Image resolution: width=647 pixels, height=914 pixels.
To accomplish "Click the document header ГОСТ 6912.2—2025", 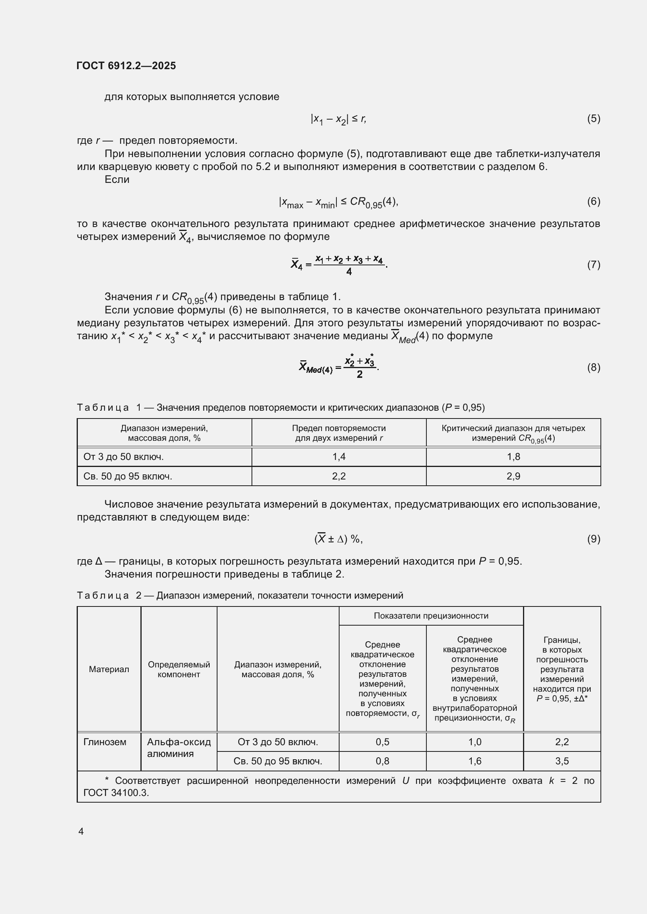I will tap(126, 66).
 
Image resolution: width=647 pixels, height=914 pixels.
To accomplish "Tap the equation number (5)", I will tap(593, 118).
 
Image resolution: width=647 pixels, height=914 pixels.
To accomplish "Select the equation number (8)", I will tap(593, 367).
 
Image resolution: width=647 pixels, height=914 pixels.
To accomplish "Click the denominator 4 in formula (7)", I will tap(349, 272).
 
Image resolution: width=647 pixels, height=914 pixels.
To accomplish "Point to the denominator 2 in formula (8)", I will tap(359, 374).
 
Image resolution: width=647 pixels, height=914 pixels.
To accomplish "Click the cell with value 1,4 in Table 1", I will tap(339, 456).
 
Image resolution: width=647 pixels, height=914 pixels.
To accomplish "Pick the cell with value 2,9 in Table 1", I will tap(513, 476).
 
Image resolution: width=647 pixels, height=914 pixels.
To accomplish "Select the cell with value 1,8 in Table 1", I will tap(513, 456).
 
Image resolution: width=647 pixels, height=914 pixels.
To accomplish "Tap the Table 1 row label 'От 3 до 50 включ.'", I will tap(124, 456).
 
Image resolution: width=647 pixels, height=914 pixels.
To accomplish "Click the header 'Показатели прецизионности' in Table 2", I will tap(431, 616).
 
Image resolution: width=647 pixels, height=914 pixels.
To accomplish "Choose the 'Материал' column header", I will tap(109, 669).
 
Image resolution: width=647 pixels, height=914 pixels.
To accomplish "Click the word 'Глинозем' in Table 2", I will tap(105, 742).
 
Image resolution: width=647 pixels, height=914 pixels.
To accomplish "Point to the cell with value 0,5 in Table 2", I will tap(382, 742).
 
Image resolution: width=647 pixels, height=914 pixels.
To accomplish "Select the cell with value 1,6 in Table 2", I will tap(474, 761).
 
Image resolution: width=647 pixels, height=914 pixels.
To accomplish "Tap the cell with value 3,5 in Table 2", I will tap(562, 761).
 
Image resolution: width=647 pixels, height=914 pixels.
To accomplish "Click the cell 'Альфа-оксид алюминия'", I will tap(178, 748).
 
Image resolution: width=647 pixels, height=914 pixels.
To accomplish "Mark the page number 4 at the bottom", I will tap(81, 831).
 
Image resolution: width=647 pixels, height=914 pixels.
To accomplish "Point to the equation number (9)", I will tap(593, 539).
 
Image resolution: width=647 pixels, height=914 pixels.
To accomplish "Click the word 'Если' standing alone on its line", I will tap(117, 179).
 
